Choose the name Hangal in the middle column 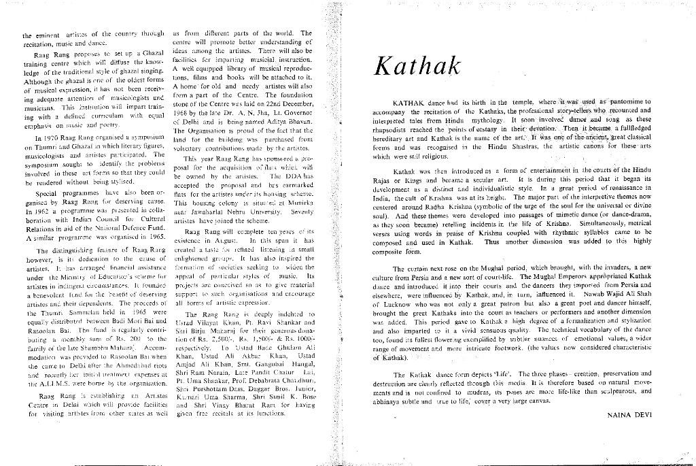click(x=296, y=365)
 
